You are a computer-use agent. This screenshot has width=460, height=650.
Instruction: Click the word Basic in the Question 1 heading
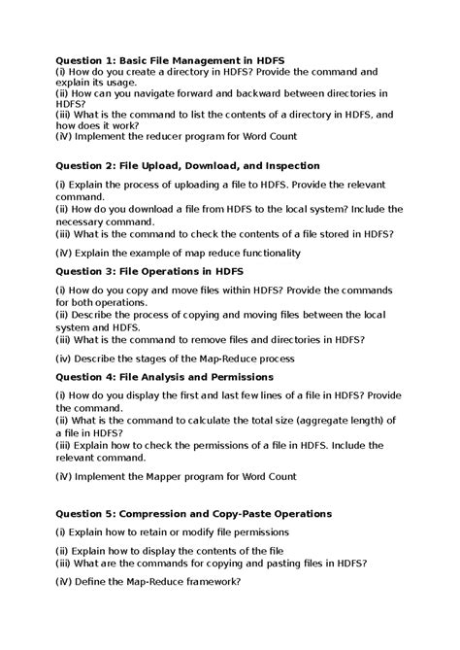point(142,60)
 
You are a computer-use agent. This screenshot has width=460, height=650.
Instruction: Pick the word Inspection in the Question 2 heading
point(285,166)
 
